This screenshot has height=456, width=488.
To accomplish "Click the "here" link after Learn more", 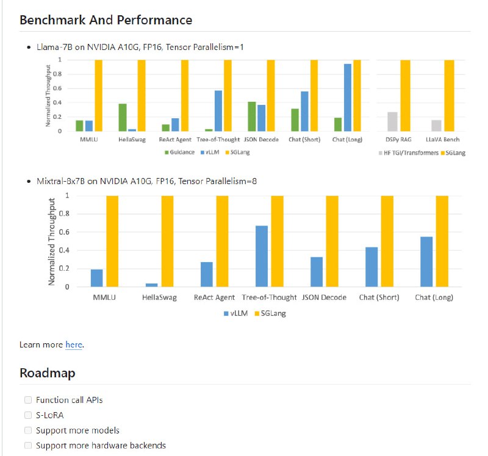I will [73, 345].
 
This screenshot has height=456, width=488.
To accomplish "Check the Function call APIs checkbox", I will [27, 400].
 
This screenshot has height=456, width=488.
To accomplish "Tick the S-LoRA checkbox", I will [27, 415].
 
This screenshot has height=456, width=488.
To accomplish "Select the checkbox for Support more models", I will [27, 430].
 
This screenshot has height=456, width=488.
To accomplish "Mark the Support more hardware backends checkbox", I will [27, 446].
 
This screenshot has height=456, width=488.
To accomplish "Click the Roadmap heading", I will [48, 373].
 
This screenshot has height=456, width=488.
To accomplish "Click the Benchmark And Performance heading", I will [106, 20].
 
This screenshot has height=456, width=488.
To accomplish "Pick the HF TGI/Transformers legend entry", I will [407, 152].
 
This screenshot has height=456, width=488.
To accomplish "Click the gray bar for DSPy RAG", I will [392, 121].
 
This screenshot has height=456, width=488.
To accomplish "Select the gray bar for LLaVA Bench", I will [436, 125].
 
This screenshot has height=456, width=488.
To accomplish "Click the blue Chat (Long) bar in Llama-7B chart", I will [347, 98].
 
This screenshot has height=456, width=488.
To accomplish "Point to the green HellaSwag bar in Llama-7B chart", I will [123, 117].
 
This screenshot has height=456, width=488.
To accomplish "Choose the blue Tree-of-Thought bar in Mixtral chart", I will [261, 256].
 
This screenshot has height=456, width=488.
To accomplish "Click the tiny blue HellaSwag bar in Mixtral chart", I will [151, 285].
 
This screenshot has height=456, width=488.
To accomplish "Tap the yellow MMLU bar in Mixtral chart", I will [112, 241].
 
